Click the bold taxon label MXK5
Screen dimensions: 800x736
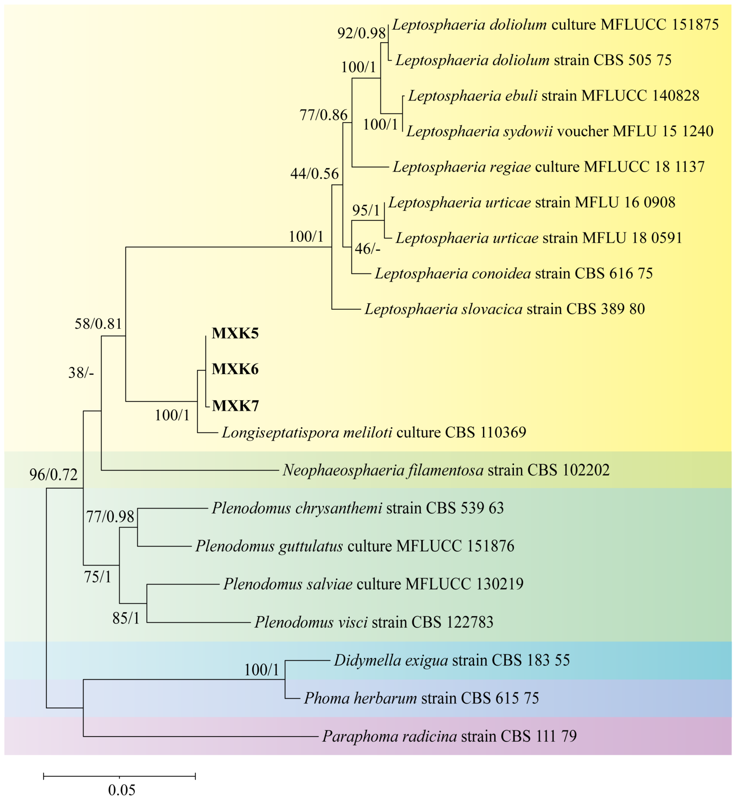point(235,333)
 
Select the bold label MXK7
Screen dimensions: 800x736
point(235,406)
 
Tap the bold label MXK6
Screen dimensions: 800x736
point(235,369)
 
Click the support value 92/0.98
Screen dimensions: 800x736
point(361,33)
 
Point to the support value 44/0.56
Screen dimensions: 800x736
point(314,174)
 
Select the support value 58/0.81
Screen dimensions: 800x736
point(98,324)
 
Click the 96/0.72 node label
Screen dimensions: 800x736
point(53,475)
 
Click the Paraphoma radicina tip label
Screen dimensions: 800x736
point(449,736)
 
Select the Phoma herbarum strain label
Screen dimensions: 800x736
point(421,698)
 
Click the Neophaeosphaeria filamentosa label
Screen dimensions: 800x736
point(446,471)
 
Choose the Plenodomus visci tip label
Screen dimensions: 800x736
point(374,622)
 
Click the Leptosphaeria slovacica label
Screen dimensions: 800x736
point(504,309)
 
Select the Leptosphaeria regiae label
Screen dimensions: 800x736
point(548,167)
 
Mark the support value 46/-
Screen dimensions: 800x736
point(367,249)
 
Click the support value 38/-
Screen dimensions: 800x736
point(81,373)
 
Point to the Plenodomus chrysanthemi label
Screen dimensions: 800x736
point(357,508)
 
